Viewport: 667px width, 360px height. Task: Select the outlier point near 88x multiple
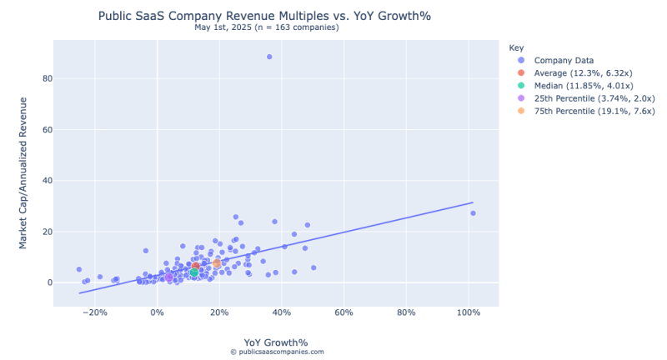tap(269, 57)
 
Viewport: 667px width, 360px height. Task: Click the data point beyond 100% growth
tap(473, 213)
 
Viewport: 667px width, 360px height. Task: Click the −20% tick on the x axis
tap(95, 313)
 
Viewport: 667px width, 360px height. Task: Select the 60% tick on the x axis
tap(344, 313)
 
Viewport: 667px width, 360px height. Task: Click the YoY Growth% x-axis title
tap(276, 342)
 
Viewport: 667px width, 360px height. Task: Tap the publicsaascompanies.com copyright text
tap(277, 352)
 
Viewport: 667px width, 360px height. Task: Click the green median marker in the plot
tap(193, 272)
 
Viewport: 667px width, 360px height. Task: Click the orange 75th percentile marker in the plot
tap(217, 263)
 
